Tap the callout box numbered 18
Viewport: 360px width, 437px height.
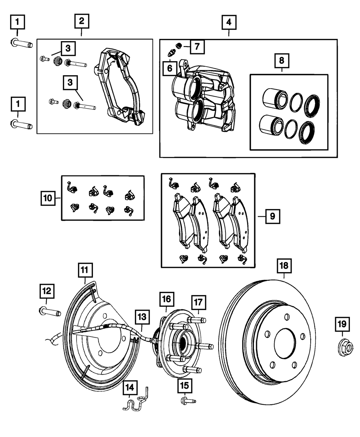(284, 266)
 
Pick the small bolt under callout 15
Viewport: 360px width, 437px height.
(188, 400)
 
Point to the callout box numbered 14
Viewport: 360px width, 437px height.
(130, 387)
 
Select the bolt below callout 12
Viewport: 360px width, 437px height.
(49, 310)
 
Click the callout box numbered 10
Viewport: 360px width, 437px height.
(48, 198)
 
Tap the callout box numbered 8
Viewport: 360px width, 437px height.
(282, 61)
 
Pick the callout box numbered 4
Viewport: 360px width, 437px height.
(229, 23)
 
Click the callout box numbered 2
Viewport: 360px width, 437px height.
(82, 21)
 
